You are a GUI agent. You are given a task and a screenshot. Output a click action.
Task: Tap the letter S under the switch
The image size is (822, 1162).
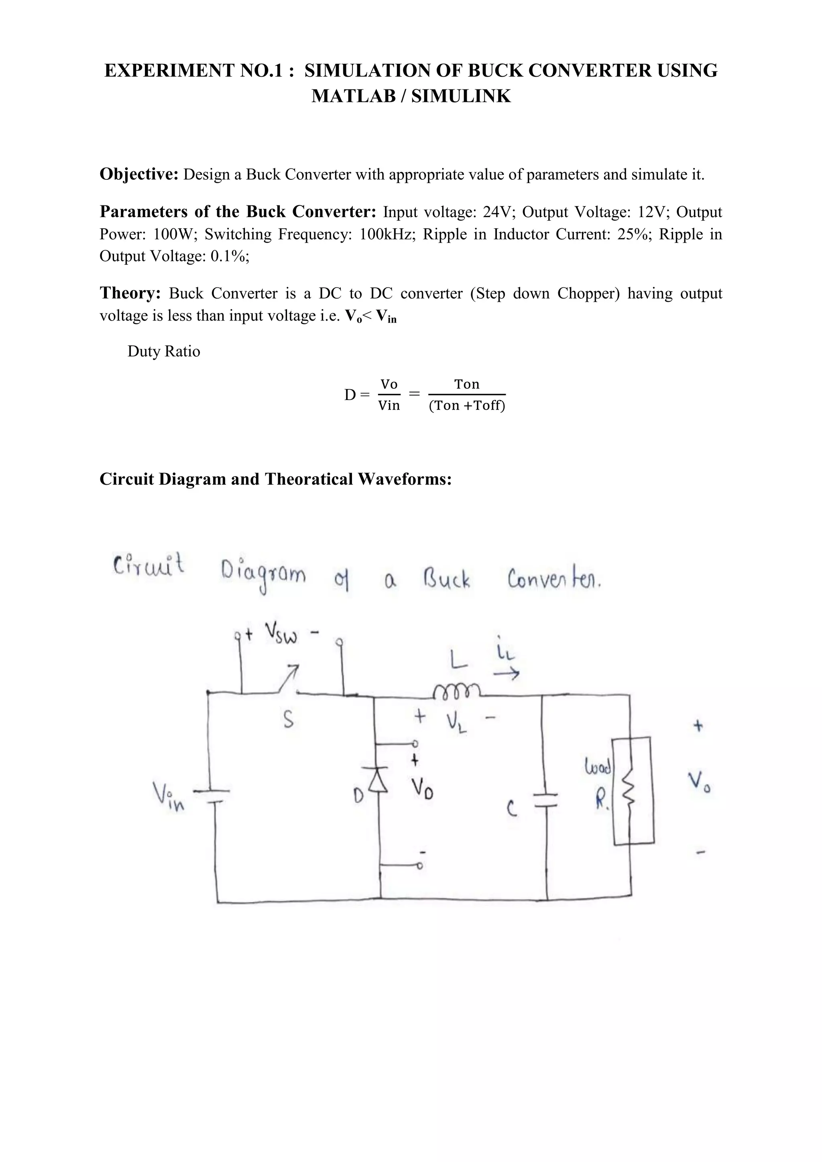coord(288,719)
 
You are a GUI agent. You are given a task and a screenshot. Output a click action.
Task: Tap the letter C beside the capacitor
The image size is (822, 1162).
coord(512,810)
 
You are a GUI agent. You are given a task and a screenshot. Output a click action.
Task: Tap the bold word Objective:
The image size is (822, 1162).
coord(139,174)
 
